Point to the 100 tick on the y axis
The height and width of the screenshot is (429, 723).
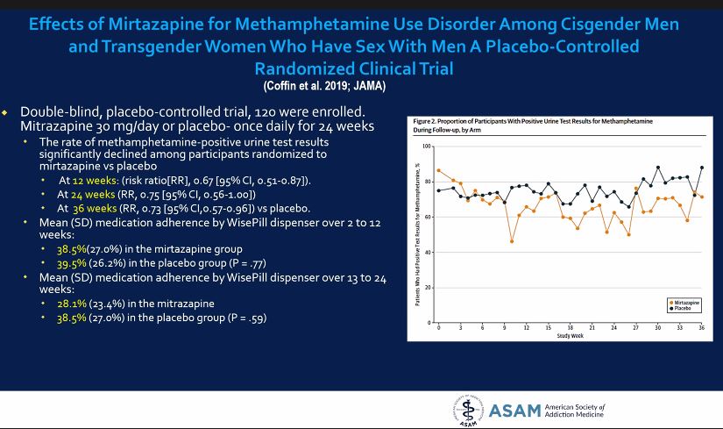click(428, 146)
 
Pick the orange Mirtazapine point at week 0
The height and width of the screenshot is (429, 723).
click(438, 170)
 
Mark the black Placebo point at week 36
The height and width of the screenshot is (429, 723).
click(702, 168)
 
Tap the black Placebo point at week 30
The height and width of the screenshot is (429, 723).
click(657, 168)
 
